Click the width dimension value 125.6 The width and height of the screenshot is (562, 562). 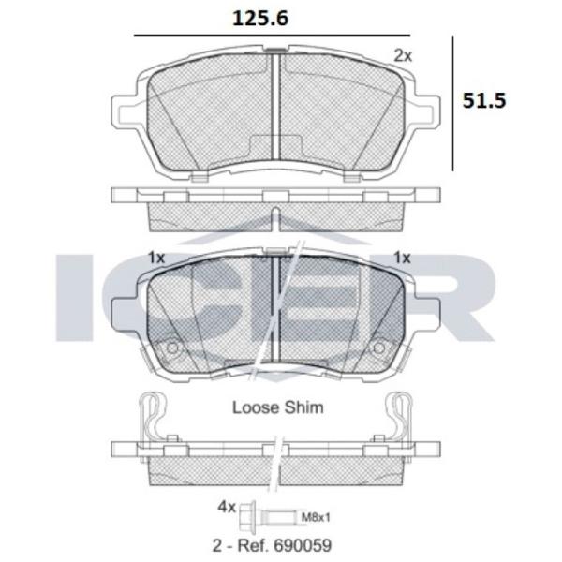point(260,19)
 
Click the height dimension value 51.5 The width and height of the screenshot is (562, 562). point(484,101)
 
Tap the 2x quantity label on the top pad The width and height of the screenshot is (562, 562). point(403,56)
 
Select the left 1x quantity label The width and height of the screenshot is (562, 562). point(156,258)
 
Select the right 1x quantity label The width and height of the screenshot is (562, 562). point(402,258)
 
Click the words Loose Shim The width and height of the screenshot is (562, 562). point(278,407)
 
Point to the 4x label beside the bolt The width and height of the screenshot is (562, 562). point(227,507)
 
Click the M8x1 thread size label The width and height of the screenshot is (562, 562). point(316,517)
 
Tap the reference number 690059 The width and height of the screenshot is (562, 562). point(303,545)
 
